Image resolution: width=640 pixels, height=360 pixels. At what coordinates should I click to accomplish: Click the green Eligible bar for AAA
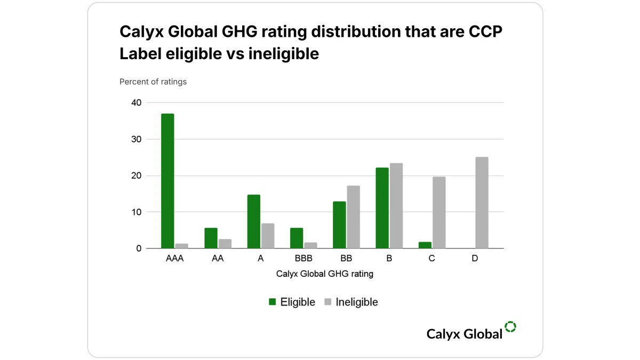[167, 181]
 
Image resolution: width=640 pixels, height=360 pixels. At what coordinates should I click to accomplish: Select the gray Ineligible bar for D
[482, 203]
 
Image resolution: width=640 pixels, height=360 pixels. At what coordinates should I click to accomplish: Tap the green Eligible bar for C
[425, 245]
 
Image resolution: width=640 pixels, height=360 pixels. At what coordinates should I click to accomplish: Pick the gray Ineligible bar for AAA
[182, 246]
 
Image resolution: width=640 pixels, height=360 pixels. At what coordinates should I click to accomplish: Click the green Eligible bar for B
[382, 208]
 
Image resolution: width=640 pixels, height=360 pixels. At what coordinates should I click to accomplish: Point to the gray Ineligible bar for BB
[354, 217]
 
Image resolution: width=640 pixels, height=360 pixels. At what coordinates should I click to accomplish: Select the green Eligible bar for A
[254, 221]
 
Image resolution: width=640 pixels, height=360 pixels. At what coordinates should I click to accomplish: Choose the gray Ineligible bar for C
[439, 213]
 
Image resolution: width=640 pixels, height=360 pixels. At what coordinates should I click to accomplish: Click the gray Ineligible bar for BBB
[310, 245]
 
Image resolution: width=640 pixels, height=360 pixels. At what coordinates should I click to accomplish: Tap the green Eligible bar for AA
[211, 238]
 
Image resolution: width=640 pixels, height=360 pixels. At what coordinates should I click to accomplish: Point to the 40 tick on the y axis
[137, 102]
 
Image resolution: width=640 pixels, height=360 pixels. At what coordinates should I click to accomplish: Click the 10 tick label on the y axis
[137, 212]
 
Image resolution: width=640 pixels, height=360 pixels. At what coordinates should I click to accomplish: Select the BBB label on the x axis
[303, 258]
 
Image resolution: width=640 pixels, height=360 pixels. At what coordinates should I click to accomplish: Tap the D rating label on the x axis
[475, 258]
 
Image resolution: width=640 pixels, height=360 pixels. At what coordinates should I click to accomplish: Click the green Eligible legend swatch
[273, 302]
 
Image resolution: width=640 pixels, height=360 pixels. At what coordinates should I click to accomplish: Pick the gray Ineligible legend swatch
[327, 302]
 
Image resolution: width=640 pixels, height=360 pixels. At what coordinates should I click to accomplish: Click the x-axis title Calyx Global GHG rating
[325, 274]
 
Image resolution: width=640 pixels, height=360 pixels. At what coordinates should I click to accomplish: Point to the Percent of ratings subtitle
[153, 82]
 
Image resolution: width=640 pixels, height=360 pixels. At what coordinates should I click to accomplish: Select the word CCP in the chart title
[485, 31]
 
